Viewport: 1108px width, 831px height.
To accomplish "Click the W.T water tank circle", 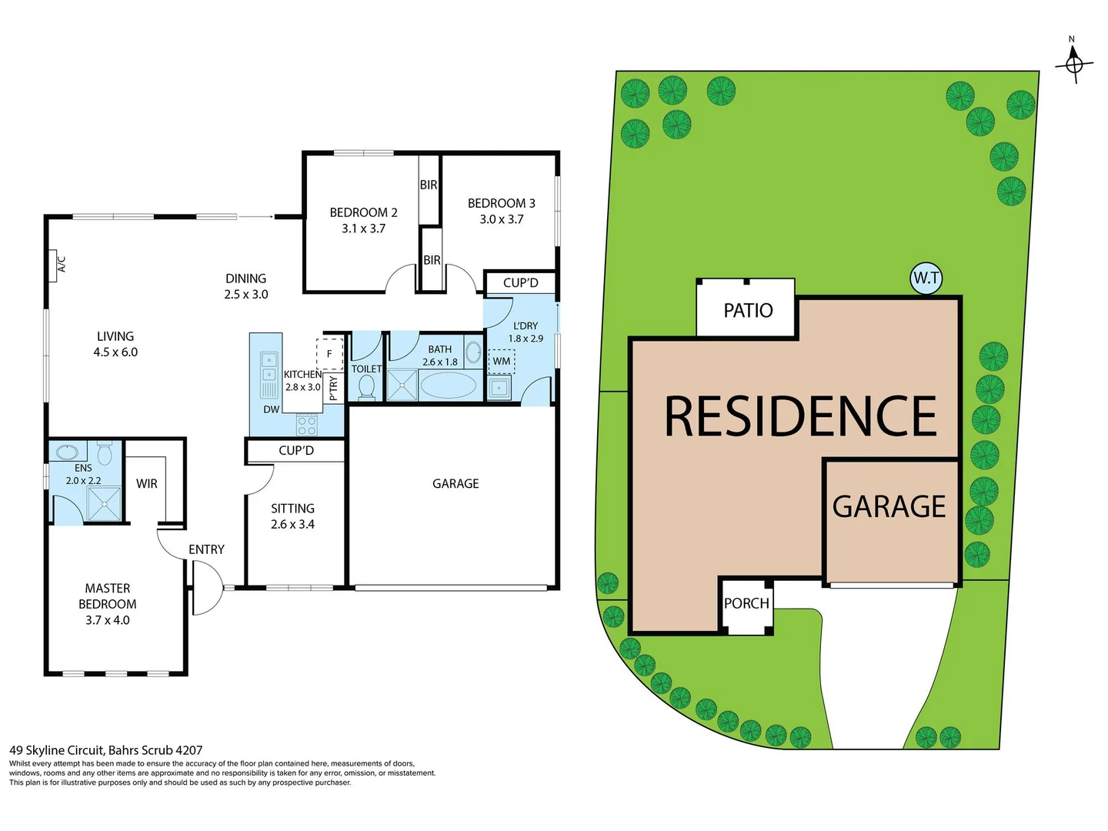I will click(x=926, y=279).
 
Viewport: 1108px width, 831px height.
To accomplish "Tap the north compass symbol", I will click(x=1074, y=63).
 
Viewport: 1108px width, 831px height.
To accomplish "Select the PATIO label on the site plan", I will click(x=748, y=310).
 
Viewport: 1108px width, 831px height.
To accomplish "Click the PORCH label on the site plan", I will click(x=746, y=603).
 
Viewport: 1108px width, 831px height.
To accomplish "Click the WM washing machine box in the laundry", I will click(x=502, y=361).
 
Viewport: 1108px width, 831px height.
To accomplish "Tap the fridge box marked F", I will click(x=329, y=354).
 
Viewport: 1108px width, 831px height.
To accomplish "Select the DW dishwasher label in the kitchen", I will click(x=271, y=409).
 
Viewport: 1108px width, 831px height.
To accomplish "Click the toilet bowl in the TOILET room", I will click(x=366, y=387).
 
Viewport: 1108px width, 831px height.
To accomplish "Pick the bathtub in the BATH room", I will click(x=448, y=385).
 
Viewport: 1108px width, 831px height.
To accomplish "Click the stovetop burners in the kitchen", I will click(x=306, y=426).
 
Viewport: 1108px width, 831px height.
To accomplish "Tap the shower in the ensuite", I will click(x=104, y=505).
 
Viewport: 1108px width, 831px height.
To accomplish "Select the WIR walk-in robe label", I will click(x=146, y=484).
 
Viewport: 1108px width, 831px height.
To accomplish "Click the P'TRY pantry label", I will click(x=333, y=388).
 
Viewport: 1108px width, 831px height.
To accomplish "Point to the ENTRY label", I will click(x=206, y=549).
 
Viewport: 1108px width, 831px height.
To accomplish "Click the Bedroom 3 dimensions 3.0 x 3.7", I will click(x=501, y=219).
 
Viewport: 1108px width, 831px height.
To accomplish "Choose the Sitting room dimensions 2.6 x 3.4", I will click(x=292, y=525).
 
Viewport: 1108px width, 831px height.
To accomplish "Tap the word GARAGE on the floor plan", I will click(x=456, y=483).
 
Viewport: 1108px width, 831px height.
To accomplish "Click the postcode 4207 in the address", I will click(x=189, y=750).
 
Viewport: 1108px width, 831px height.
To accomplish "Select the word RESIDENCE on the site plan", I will click(x=800, y=417).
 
